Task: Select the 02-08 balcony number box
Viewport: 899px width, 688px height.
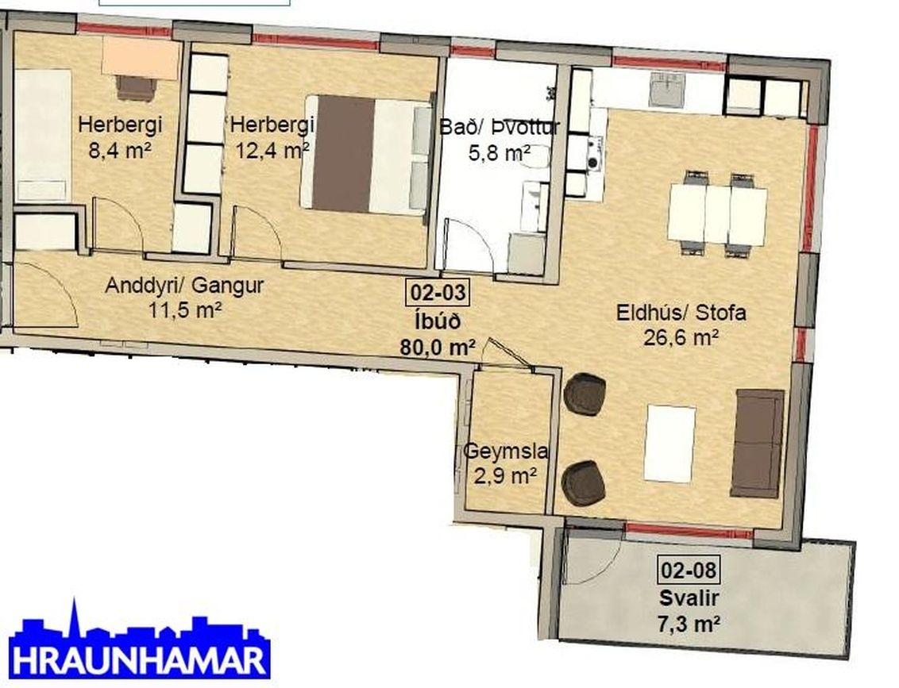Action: coord(689,570)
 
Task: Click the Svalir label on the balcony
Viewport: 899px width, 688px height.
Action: coord(689,598)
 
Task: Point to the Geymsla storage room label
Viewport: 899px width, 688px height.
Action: coord(506,452)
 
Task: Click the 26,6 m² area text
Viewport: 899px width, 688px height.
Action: coord(681,337)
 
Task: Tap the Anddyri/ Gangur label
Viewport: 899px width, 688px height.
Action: coord(183,286)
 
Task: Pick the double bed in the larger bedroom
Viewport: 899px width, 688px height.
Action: coord(366,155)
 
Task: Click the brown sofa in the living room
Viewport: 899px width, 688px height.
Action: coord(758,443)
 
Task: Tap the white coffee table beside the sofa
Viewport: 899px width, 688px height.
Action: coord(669,443)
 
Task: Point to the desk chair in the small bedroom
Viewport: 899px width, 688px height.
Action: coord(136,87)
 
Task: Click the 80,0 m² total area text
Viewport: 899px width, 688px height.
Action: coord(437,346)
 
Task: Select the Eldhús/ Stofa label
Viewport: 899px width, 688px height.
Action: coord(681,313)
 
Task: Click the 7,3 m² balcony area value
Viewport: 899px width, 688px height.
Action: coord(689,623)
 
